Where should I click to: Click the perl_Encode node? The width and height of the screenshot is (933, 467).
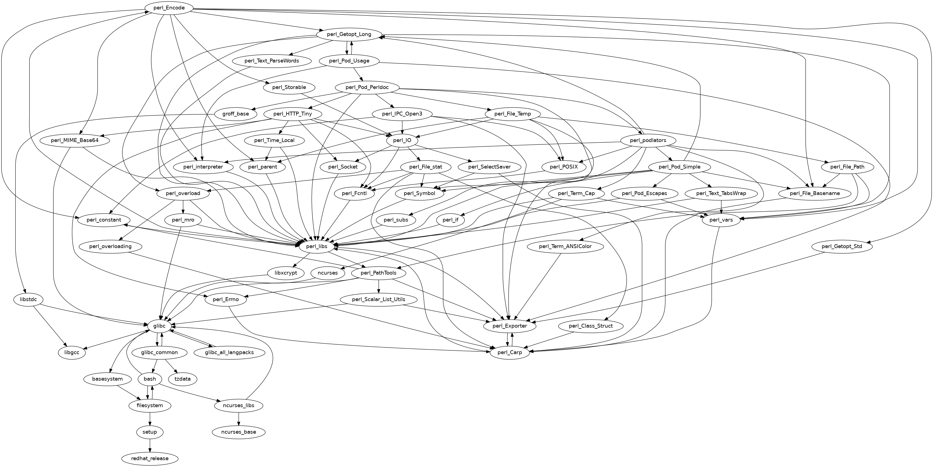pyautogui.click(x=169, y=8)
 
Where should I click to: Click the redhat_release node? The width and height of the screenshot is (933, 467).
pyautogui.click(x=149, y=458)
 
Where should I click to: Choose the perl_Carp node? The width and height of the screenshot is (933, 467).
pyautogui.click(x=510, y=352)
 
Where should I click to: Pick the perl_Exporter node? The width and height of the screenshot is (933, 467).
pyautogui.click(x=510, y=326)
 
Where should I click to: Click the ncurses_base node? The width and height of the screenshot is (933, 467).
pyautogui.click(x=238, y=432)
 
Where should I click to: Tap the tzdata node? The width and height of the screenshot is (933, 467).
pyautogui.click(x=183, y=379)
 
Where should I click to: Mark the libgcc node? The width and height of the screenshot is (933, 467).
pyautogui.click(x=72, y=352)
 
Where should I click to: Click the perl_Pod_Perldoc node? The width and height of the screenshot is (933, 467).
pyautogui.click(x=367, y=87)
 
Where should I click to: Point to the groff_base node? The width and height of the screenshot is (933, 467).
pyautogui.click(x=235, y=114)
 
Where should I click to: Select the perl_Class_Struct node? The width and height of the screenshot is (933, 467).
pyautogui.click(x=591, y=326)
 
